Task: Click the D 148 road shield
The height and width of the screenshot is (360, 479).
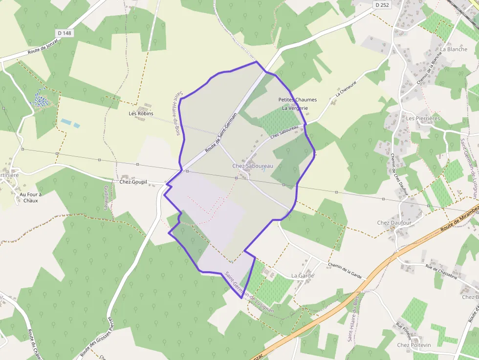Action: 64,33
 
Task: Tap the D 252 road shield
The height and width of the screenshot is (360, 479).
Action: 383,4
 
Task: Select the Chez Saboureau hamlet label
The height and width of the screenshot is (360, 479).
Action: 253,166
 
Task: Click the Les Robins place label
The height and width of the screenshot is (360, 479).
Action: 141,113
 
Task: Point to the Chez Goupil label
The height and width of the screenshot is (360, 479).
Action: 133,182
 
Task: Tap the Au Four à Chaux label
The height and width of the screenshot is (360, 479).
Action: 30,197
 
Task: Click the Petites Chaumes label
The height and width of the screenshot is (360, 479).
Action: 297,100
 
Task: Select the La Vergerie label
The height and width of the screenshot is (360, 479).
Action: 295,108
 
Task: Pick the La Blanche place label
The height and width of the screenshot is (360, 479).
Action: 454,49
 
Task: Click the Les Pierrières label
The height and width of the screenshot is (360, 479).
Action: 423,118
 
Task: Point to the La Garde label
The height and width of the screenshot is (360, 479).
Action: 303,275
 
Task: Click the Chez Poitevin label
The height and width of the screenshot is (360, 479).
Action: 414,345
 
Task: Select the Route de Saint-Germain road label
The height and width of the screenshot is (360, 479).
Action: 221,132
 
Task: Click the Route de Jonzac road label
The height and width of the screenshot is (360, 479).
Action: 44,48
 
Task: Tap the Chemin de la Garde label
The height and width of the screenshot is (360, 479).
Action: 345,270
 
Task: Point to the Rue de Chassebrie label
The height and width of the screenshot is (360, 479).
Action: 441,272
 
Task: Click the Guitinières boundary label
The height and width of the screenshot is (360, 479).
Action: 106,197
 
